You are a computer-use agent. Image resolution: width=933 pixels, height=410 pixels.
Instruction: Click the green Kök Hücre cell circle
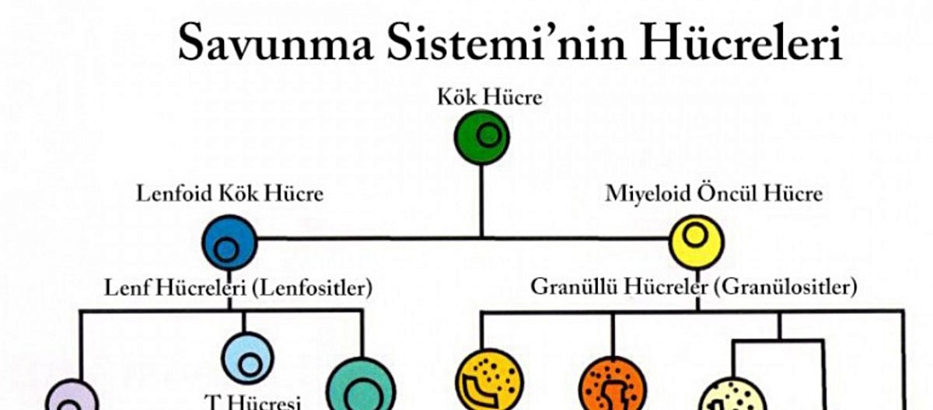pyautogui.click(x=482, y=137)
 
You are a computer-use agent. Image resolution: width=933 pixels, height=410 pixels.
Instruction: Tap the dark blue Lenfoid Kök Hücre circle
pyautogui.click(x=229, y=243)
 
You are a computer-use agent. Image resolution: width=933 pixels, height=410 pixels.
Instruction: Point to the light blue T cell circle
pyautogui.click(x=247, y=358)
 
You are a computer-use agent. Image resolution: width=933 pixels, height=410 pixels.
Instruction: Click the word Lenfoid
pyautogui.click(x=170, y=193)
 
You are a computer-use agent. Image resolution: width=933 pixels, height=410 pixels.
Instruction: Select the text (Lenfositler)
pyautogui.click(x=312, y=288)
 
